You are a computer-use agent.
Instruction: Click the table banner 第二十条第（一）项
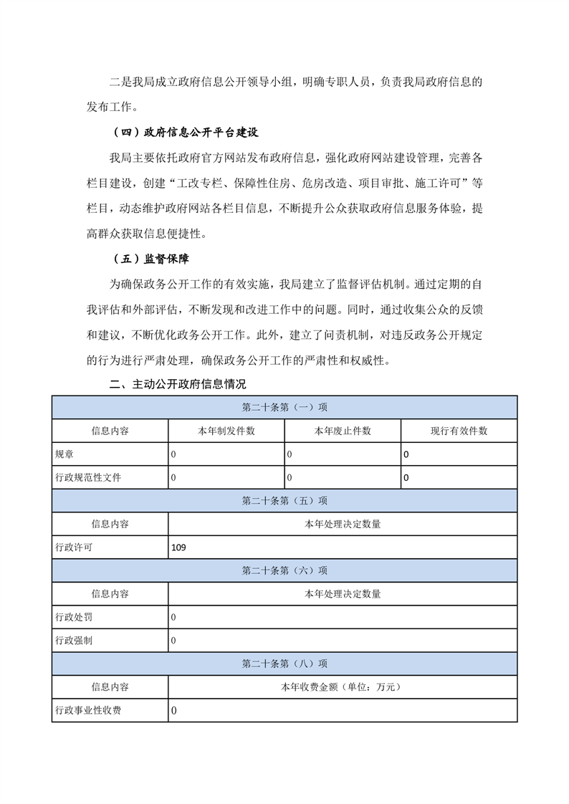tap(284, 407)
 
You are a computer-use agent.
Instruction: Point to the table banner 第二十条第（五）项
tap(284, 500)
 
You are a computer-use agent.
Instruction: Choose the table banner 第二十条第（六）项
tap(284, 570)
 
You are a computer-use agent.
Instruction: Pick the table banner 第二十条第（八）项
tap(284, 664)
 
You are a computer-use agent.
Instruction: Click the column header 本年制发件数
tap(226, 431)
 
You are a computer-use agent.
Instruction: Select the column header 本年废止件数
tap(343, 431)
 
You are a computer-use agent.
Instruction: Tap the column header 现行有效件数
tap(459, 431)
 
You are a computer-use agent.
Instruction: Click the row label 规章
tap(64, 454)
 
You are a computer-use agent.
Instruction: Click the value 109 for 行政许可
tap(179, 547)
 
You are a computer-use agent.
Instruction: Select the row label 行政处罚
tap(74, 617)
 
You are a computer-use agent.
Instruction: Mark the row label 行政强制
tap(74, 640)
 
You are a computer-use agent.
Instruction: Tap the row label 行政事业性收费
tap(88, 710)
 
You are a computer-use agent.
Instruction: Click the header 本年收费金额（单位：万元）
tap(343, 686)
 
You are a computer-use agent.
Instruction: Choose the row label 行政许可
tap(74, 547)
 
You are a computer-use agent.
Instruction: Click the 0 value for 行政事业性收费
tap(174, 710)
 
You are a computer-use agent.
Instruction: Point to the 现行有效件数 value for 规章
tap(406, 454)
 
